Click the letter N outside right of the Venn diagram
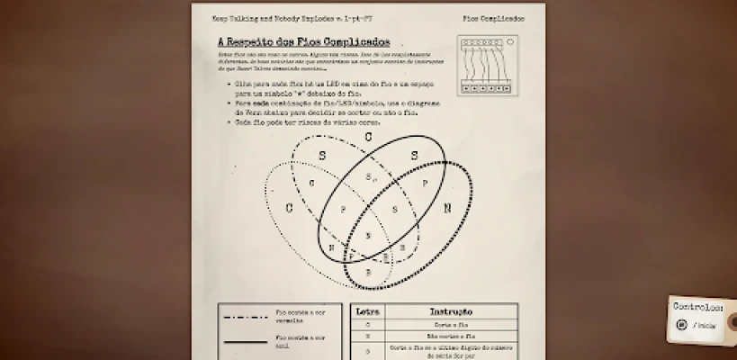447,208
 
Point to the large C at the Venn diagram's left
290,209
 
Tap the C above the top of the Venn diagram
368,137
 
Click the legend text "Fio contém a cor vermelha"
293,316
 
